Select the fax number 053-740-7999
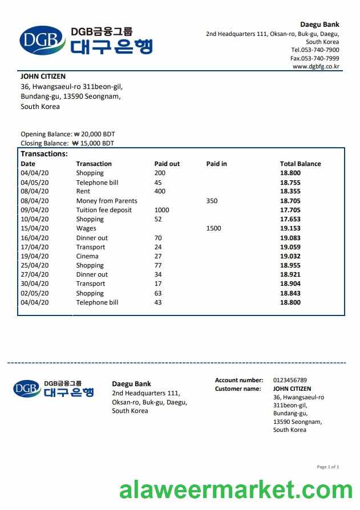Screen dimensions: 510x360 pyautogui.click(x=319, y=58)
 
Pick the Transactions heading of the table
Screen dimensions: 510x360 pyautogui.click(x=44, y=154)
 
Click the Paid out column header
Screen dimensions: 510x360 pyautogui.click(x=167, y=164)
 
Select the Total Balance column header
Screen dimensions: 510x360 pyautogui.click(x=300, y=164)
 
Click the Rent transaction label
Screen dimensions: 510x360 pyautogui.click(x=83, y=191)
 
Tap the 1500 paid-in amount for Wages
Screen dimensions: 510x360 pyautogui.click(x=213, y=228)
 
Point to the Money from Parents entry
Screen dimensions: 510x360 pyautogui.click(x=107, y=201)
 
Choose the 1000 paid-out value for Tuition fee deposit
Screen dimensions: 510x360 pyautogui.click(x=162, y=210)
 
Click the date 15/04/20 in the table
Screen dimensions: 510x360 pyautogui.click(x=35, y=228)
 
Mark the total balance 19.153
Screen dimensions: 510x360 pyautogui.click(x=290, y=228)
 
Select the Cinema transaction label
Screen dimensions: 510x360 pyautogui.click(x=87, y=256)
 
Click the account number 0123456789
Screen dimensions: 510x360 pyautogui.click(x=290, y=380)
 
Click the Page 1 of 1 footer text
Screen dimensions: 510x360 pyautogui.click(x=327, y=467)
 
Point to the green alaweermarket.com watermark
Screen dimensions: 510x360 pyautogui.click(x=236, y=491)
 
